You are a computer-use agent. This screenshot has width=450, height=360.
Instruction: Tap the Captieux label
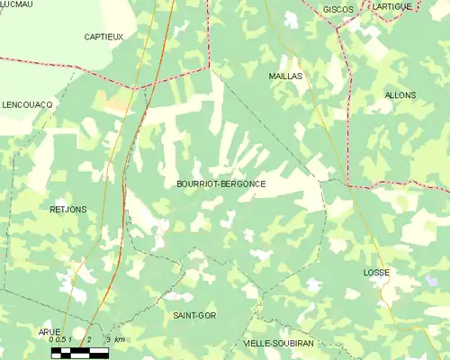pyautogui.click(x=103, y=36)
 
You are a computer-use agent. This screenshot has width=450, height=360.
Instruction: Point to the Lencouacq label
pyautogui.click(x=27, y=104)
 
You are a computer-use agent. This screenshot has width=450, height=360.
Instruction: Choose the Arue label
pyautogui.click(x=49, y=331)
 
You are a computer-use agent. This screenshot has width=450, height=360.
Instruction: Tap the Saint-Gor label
pyautogui.click(x=193, y=316)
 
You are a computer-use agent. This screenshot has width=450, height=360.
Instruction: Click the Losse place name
pyautogui.click(x=375, y=271)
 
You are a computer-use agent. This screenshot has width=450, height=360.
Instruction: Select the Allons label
pyautogui.click(x=400, y=94)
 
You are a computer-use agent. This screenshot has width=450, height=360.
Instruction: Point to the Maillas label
pyautogui.click(x=285, y=76)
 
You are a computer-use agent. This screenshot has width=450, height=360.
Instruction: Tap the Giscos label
pyautogui.click(x=338, y=8)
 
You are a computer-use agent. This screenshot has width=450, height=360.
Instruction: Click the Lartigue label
pyautogui.click(x=392, y=6)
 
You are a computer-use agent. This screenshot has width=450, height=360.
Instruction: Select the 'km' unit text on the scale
pyautogui.click(x=120, y=339)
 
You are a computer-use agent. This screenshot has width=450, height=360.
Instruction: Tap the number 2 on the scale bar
pyautogui.click(x=89, y=339)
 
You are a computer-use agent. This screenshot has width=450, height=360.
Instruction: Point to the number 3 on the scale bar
pyautogui.click(x=108, y=339)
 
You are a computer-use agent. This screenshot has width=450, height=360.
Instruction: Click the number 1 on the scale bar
pyautogui.click(x=71, y=339)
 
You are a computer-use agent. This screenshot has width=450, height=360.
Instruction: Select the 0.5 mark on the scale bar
pyautogui.click(x=61, y=339)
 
